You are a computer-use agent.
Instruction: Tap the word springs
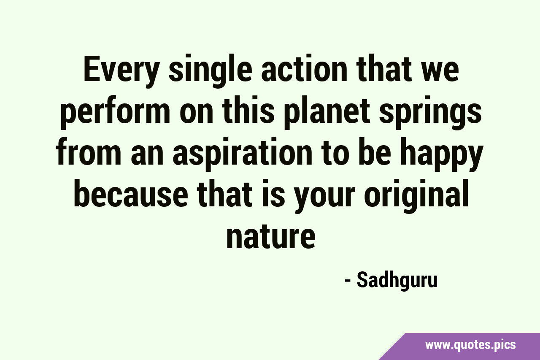(430, 113)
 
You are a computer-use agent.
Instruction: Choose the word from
(89, 152)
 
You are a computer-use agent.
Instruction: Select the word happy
(442, 154)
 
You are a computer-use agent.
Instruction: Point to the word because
(131, 193)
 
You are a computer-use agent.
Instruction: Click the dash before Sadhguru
(348, 282)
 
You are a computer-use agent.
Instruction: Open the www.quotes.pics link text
(470, 345)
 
